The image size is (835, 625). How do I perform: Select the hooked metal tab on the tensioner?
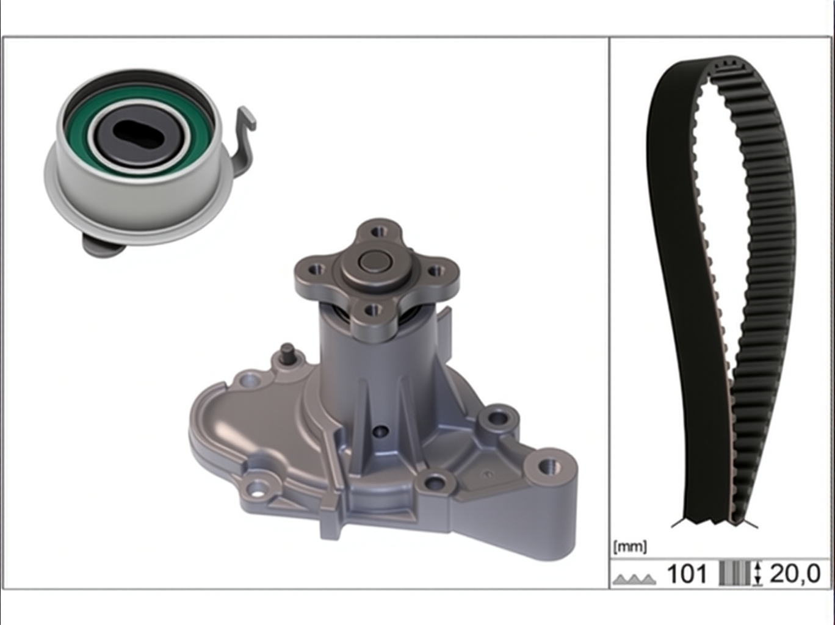point(244,141)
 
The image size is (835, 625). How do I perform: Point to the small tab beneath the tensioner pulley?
point(103,245)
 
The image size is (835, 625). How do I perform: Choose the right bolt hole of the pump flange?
point(436,271)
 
